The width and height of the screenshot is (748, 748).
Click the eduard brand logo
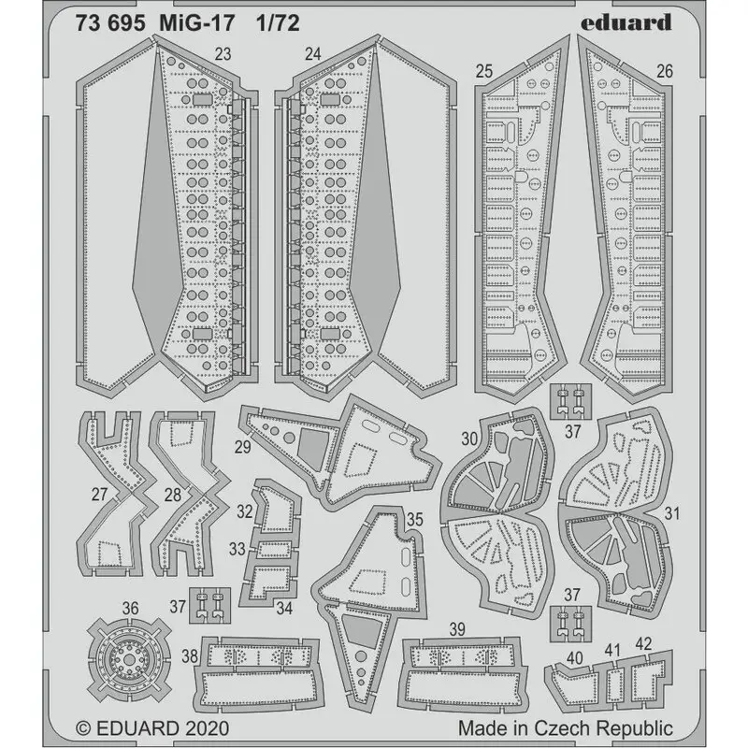pyautogui.click(x=626, y=22)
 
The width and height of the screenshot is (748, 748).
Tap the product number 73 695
pyautogui.click(x=109, y=23)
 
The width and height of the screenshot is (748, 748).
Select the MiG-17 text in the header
pyautogui.click(x=196, y=23)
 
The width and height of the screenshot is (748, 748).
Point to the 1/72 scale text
pyautogui.click(x=278, y=23)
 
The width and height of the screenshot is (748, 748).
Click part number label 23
pyautogui.click(x=223, y=54)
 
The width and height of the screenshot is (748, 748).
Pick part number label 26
pyautogui.click(x=665, y=71)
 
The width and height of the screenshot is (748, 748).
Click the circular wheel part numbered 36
pyautogui.click(x=129, y=659)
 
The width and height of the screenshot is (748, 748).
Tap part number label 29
pyautogui.click(x=243, y=447)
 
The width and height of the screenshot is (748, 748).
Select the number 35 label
pyautogui.click(x=414, y=519)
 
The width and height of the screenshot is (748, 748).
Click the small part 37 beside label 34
pyautogui.click(x=209, y=605)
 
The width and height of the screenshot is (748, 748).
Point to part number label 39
pyautogui.click(x=457, y=629)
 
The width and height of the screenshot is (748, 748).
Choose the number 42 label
pyautogui.click(x=643, y=644)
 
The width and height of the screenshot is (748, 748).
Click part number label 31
pyautogui.click(x=671, y=513)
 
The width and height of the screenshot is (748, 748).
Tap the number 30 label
pyautogui.click(x=469, y=439)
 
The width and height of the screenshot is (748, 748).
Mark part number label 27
pyautogui.click(x=99, y=495)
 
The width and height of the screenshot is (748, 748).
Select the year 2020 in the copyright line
pyautogui.click(x=207, y=728)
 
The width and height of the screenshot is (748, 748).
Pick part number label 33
pyautogui.click(x=237, y=549)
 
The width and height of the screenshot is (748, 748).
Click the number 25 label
pyautogui.click(x=483, y=71)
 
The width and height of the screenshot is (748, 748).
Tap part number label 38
pyautogui.click(x=190, y=656)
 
